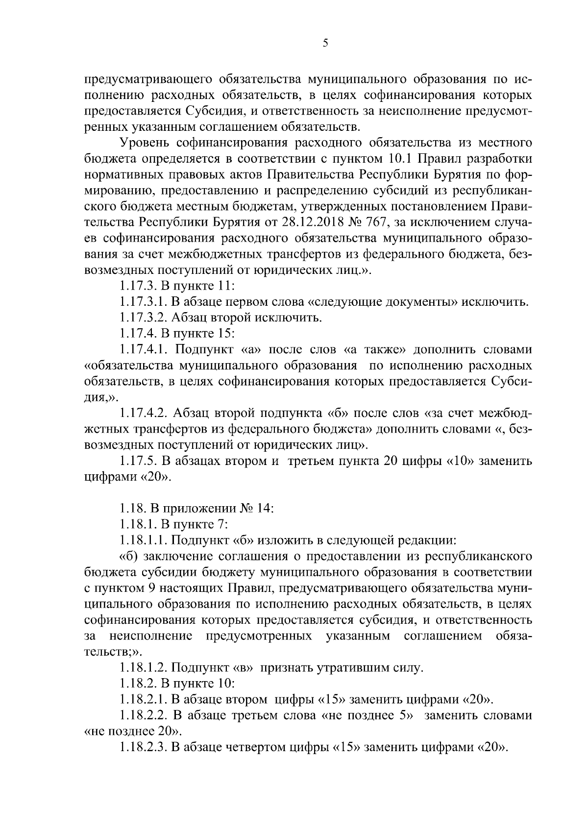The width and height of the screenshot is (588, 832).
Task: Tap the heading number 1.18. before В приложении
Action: [x=130, y=509]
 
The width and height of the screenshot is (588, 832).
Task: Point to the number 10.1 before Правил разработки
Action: [x=401, y=159]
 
